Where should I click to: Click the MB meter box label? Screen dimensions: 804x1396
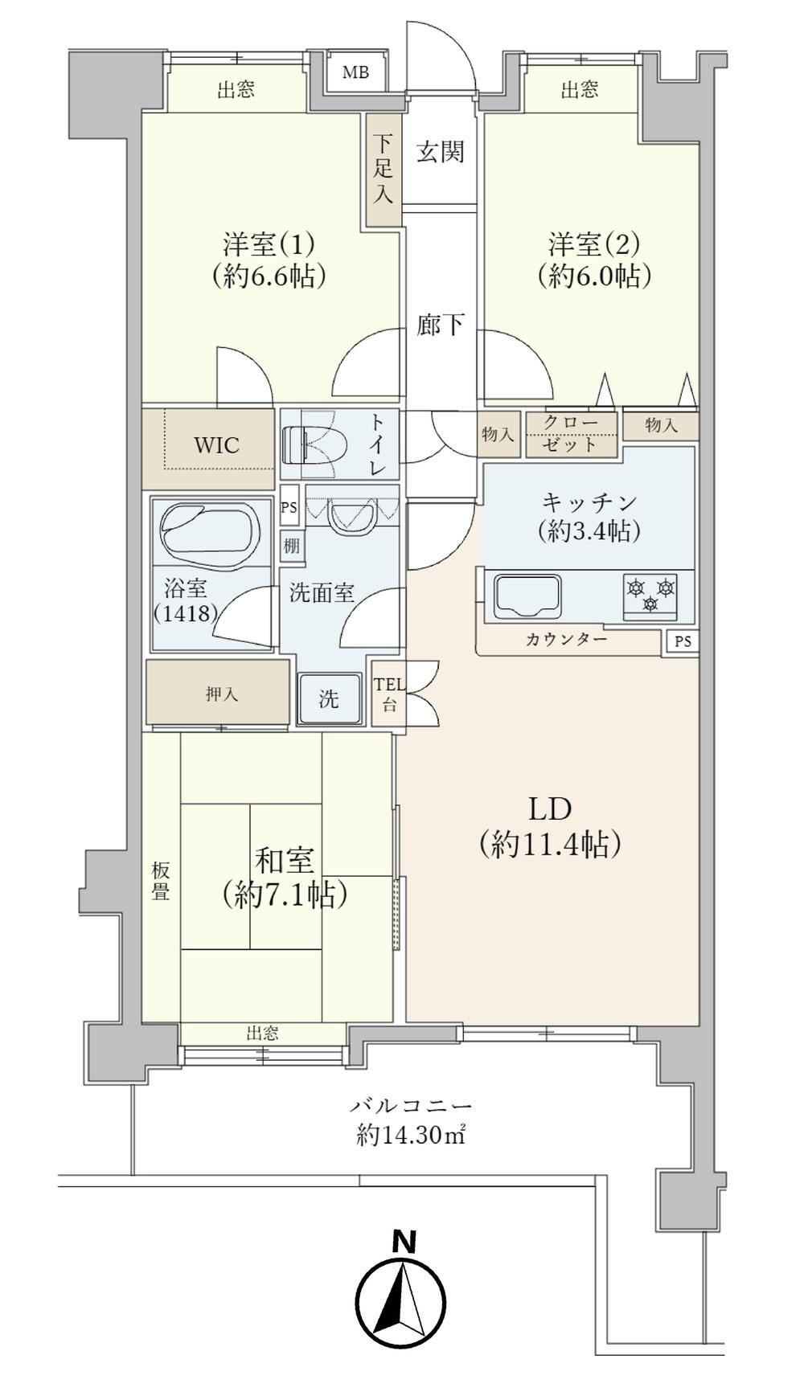point(355,72)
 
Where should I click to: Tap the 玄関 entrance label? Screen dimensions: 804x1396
point(441,151)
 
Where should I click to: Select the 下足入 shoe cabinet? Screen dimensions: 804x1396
point(384,169)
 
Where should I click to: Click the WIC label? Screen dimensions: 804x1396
point(216,445)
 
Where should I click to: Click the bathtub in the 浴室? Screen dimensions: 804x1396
point(211,530)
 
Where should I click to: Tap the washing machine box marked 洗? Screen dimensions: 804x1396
point(329,698)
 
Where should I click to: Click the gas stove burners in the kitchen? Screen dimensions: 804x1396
point(650,596)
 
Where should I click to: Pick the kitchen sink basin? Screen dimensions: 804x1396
point(527,596)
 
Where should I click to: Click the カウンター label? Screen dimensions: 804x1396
point(567,640)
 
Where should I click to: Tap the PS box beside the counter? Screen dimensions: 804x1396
point(683,642)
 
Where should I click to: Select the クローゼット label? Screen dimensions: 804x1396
point(571,434)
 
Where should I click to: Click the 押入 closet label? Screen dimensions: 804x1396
point(222,694)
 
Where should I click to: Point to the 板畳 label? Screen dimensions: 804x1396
point(160,881)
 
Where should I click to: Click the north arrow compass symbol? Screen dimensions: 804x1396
point(401,1300)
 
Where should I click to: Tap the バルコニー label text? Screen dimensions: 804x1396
point(411,1107)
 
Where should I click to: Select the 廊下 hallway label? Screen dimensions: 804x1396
point(441,324)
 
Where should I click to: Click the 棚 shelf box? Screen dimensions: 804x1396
point(291,546)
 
